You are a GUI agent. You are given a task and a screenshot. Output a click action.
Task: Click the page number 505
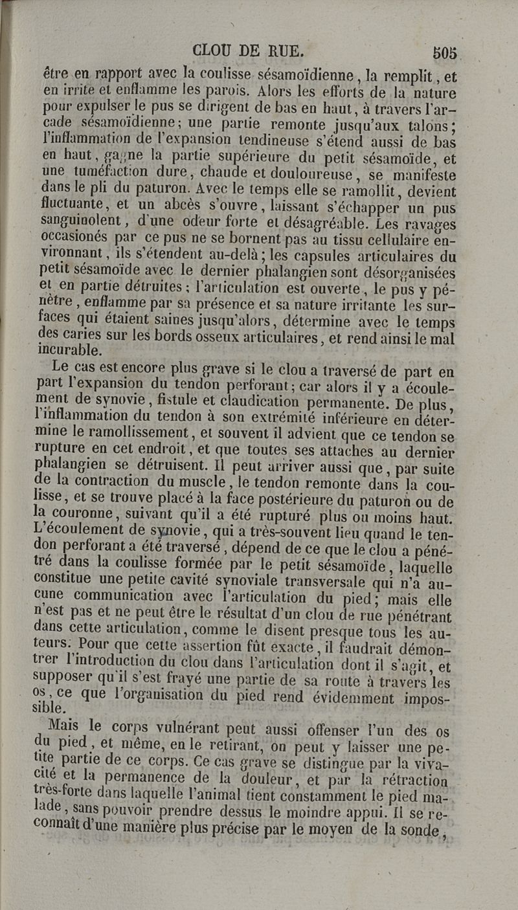coord(445,52)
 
